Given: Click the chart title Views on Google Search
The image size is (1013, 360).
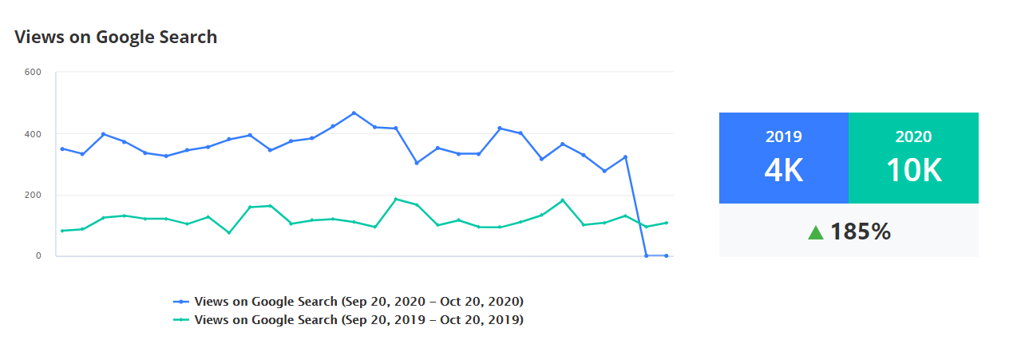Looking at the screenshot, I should [x=116, y=37].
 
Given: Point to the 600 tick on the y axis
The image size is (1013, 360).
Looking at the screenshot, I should [x=33, y=73].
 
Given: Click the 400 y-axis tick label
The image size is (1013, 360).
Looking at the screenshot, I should [x=33, y=134].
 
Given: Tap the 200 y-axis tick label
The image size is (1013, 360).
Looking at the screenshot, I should [x=33, y=195].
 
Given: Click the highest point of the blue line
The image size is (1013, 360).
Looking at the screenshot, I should [x=354, y=113].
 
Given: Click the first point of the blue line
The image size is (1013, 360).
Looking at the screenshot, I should [x=62, y=148].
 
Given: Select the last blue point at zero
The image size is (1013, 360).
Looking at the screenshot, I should [x=666, y=255].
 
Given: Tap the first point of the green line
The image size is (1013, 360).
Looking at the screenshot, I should [x=62, y=231].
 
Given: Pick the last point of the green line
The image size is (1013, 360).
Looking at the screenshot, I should [x=666, y=223].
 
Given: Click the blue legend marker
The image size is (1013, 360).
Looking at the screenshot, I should [x=181, y=302].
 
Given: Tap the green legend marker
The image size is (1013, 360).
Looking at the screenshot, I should [x=181, y=320].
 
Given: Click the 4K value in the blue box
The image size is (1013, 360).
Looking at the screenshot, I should [x=783, y=170].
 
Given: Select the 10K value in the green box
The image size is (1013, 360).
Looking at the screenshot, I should [x=913, y=170].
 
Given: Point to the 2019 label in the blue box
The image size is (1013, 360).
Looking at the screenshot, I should [x=783, y=136].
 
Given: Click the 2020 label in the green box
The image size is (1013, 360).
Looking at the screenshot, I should [x=913, y=136].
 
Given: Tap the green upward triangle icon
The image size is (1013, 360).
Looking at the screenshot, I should [x=815, y=232].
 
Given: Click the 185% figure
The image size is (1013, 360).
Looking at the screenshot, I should [x=861, y=232].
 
